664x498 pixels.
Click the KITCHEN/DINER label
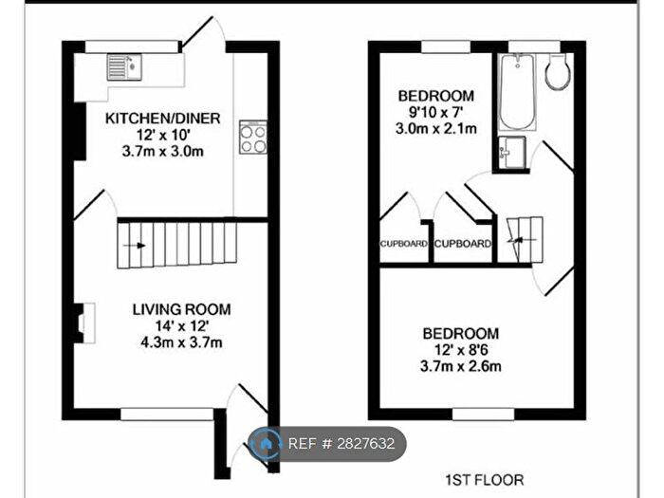[162, 119]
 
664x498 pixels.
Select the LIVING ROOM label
[181, 309]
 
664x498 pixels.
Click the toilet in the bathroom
[558, 72]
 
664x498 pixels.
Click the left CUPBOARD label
[403, 244]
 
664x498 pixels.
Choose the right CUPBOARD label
[464, 244]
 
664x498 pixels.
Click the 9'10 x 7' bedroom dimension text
[435, 113]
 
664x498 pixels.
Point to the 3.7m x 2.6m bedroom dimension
[461, 366]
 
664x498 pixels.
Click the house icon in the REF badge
[266, 444]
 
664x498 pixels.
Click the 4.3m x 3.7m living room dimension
[181, 341]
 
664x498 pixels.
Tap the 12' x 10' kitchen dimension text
[162, 135]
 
